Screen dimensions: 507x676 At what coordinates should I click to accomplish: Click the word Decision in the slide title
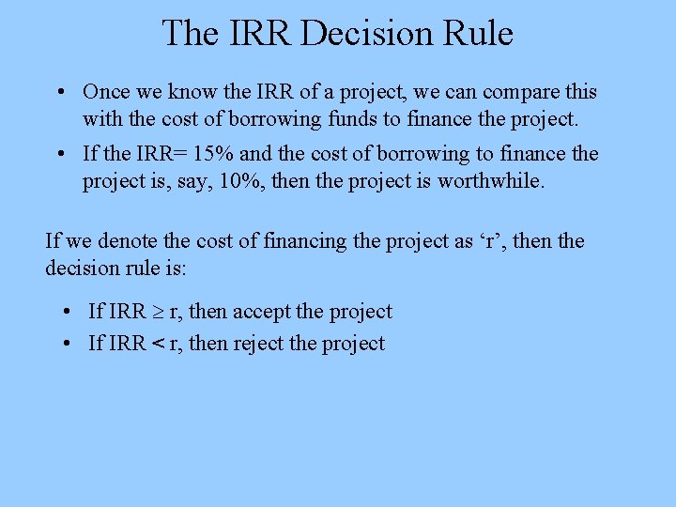coord(350,33)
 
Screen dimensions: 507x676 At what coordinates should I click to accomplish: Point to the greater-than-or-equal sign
coord(158,312)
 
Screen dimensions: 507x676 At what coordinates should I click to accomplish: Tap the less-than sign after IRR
coord(158,344)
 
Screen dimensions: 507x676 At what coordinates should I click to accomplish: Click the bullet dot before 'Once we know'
coord(59,93)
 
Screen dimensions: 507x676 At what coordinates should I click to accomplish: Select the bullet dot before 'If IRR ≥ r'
coord(69,312)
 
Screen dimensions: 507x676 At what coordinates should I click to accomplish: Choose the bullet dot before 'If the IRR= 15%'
coord(59,154)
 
